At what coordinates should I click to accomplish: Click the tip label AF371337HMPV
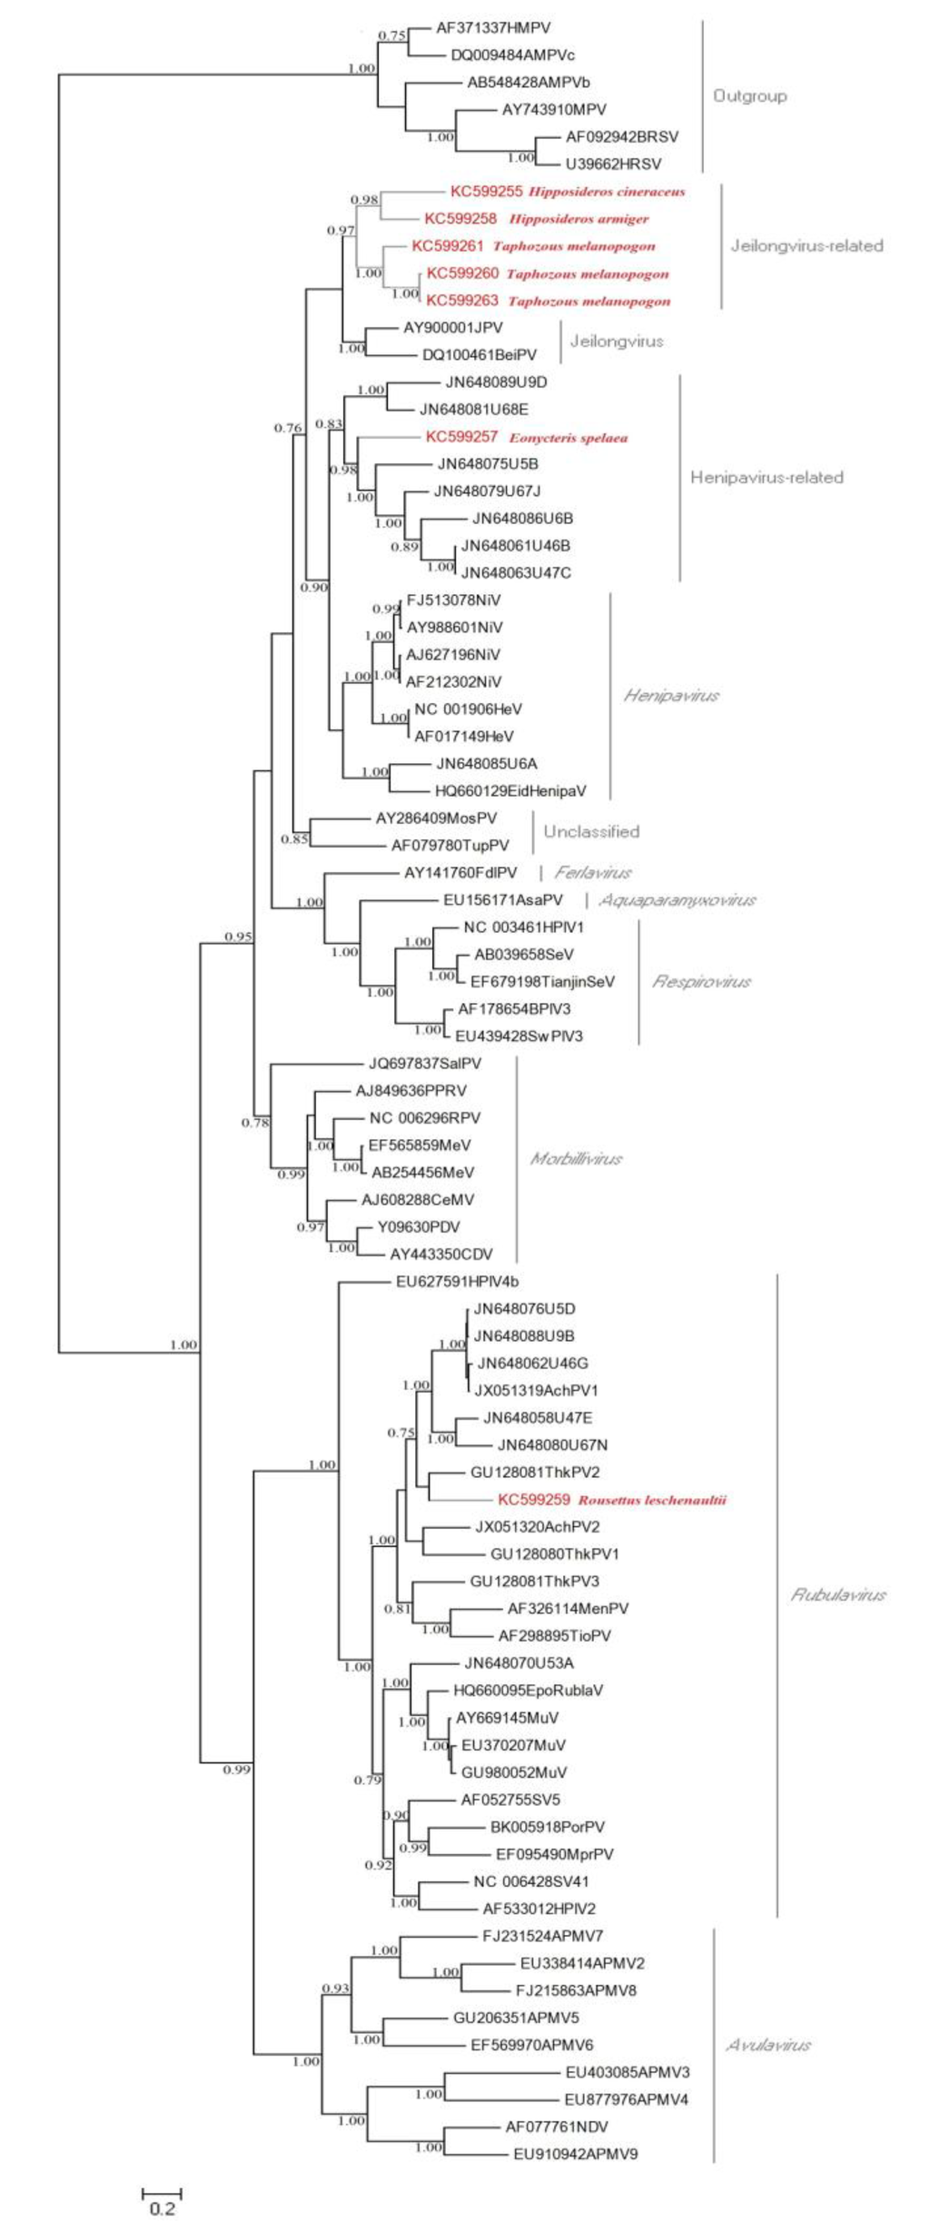click(493, 28)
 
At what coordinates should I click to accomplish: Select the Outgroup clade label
click(749, 96)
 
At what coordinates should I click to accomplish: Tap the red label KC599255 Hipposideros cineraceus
click(568, 192)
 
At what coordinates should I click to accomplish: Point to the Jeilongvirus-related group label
click(806, 245)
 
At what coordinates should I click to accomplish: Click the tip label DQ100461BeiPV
click(479, 355)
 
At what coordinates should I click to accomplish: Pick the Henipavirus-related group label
click(767, 478)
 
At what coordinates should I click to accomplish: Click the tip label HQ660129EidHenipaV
click(510, 791)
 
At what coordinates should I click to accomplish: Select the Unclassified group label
click(591, 832)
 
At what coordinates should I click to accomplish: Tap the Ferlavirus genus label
click(593, 873)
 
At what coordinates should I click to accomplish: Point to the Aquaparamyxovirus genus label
click(678, 900)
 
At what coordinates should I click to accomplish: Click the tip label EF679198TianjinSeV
click(542, 982)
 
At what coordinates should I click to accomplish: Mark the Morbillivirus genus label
click(576, 1159)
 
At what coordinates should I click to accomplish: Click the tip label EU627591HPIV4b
click(457, 1282)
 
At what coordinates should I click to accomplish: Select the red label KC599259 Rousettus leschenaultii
click(612, 1500)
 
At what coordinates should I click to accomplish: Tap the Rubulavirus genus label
click(837, 1595)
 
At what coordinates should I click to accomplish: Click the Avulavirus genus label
click(768, 2045)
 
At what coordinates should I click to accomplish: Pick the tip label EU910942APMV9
click(575, 2154)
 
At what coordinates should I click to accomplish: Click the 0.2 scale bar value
click(163, 2208)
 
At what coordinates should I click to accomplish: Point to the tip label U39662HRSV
click(613, 164)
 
